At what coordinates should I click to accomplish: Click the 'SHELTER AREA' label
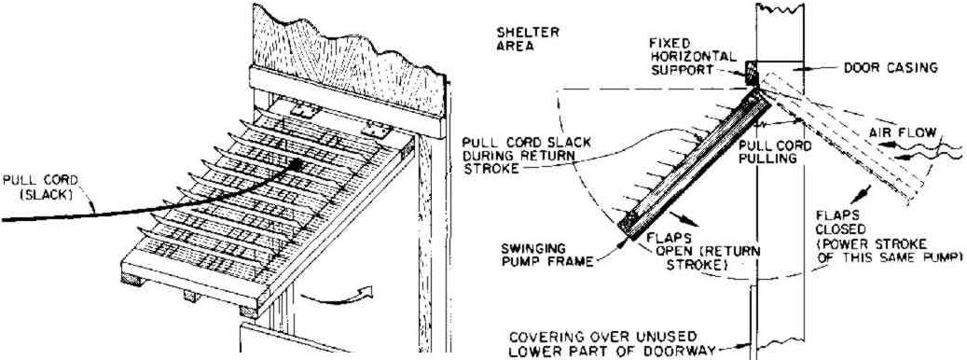(528, 37)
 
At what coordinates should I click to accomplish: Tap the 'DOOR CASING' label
(890, 67)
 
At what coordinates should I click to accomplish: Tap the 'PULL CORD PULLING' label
(774, 152)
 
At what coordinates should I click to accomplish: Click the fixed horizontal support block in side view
(751, 69)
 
